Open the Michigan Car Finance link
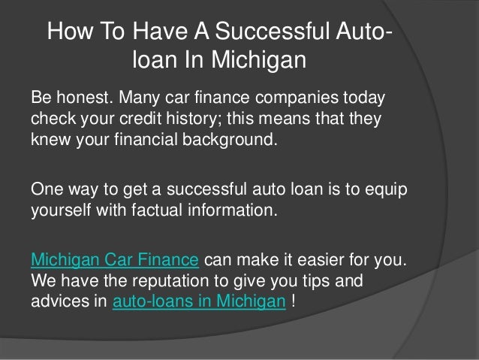(114, 261)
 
